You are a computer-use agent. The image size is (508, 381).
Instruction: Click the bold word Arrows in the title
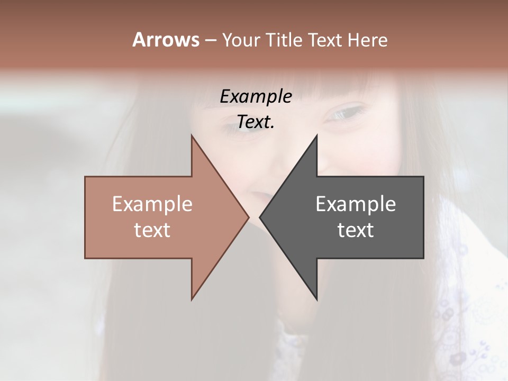166,40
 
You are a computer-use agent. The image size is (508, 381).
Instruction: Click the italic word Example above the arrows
256,96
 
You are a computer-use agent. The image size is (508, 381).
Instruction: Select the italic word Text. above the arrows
256,122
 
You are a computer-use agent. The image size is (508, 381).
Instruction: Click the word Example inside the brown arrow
152,204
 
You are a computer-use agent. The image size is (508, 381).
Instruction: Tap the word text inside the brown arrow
152,230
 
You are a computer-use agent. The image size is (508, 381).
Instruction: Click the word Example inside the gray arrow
356,204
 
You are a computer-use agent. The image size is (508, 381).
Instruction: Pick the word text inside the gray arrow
356,230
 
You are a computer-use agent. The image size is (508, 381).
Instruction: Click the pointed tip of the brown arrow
248,217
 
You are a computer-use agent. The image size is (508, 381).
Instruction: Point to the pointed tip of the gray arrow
260,217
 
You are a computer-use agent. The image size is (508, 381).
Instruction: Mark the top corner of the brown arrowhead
192,135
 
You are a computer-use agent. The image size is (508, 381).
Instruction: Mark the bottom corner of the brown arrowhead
192,300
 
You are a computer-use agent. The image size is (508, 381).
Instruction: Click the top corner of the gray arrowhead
317,135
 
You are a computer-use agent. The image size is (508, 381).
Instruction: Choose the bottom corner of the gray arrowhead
317,300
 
